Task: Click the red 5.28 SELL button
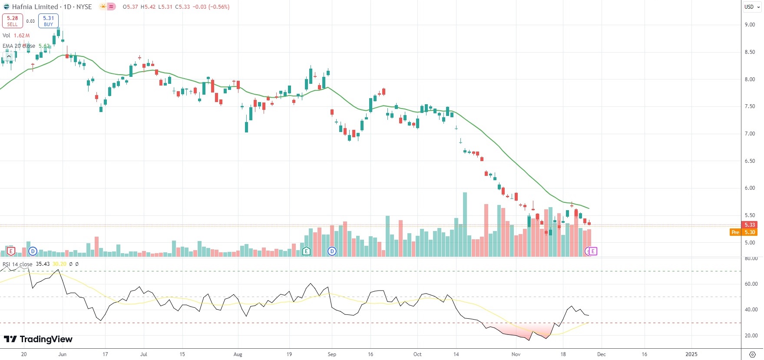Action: click(12, 20)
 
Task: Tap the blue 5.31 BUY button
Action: click(48, 20)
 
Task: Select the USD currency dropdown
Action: click(752, 7)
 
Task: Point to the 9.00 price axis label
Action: click(750, 25)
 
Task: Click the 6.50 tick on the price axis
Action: click(750, 161)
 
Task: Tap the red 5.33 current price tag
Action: click(750, 225)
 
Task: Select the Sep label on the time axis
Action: click(332, 354)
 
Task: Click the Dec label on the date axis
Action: click(601, 354)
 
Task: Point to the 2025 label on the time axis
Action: click(691, 354)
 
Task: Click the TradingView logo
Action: click(38, 339)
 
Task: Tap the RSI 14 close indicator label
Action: click(17, 264)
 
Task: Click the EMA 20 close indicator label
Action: click(19, 46)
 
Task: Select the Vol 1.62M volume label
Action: click(16, 35)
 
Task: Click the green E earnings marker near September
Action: click(306, 251)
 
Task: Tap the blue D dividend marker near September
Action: click(332, 251)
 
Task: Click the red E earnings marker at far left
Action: click(11, 251)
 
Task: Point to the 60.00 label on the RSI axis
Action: click(751, 284)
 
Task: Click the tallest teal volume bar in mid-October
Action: click(465, 224)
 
